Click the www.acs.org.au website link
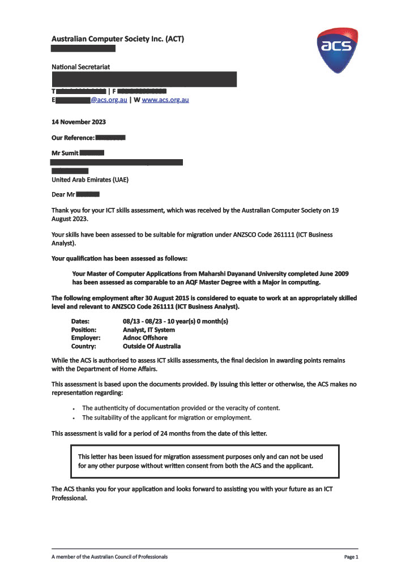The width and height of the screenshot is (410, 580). (165, 100)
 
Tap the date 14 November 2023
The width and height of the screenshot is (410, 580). (79, 122)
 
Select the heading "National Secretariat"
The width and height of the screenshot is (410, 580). (81, 67)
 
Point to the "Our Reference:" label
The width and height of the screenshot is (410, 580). (73, 138)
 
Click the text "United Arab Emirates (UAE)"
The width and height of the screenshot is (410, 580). (90, 181)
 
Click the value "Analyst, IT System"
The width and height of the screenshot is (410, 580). (148, 330)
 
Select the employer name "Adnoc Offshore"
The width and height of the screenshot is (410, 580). (145, 338)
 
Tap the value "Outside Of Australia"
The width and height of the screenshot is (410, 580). (152, 346)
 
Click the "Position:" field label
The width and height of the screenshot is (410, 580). (83, 330)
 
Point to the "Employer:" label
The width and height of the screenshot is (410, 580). (84, 338)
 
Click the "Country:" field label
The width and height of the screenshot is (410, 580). (83, 346)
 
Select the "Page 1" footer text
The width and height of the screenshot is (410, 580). (351, 557)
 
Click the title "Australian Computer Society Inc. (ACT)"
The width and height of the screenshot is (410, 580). (118, 39)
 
